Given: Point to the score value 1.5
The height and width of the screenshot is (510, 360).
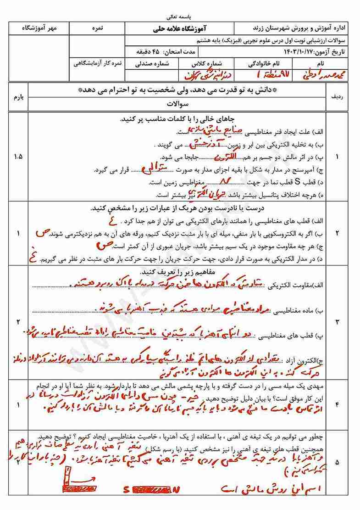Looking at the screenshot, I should click(18, 157).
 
